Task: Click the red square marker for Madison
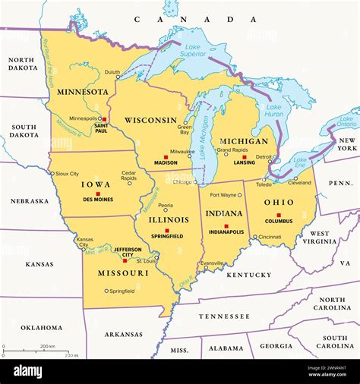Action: [x=166, y=157]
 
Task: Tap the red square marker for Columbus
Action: [x=279, y=215]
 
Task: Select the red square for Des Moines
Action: [x=98, y=194]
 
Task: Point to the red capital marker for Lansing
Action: [x=244, y=157]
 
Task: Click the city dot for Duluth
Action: [x=118, y=76]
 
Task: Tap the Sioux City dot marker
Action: [x=52, y=173]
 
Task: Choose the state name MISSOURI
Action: [x=123, y=272]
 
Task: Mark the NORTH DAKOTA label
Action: [x=22, y=63]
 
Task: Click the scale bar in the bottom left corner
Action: [x=41, y=351]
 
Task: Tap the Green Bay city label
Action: [x=184, y=131]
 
